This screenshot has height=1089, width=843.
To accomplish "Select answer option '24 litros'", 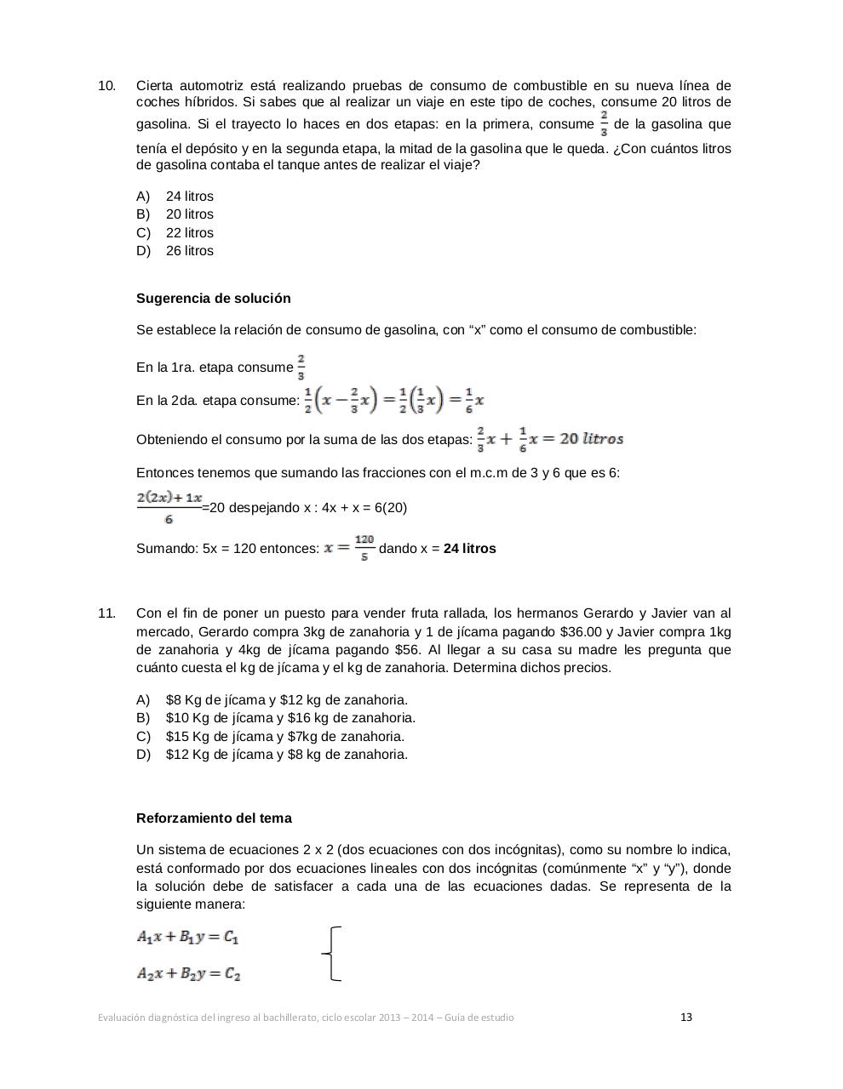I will pos(189,197).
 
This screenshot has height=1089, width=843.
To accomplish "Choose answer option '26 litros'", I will pos(189,251).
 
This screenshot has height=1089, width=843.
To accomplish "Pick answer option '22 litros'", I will pos(189,233).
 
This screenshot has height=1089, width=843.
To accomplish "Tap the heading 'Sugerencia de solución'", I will pos(213,299).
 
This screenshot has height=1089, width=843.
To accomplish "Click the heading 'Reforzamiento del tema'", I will pos(214,818).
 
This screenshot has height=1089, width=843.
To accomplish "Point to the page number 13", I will pos(686,1017).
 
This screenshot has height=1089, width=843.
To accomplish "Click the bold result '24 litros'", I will pos(469,549).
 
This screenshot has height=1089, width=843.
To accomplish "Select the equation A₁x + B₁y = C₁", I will pos(188,937).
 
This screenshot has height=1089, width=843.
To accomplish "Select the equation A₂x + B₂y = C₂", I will pos(188,974).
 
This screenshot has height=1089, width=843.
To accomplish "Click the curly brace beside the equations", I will pos(333,954).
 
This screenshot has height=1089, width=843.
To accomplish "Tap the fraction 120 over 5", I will pos(364,548).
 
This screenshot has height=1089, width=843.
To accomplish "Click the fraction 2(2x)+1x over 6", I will pos(169,507).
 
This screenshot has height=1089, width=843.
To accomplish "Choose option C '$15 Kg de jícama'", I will pos(284,737).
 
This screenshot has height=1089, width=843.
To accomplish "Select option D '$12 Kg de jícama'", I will pos(286,755).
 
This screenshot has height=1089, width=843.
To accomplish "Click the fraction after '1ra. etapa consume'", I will pos(301,367).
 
